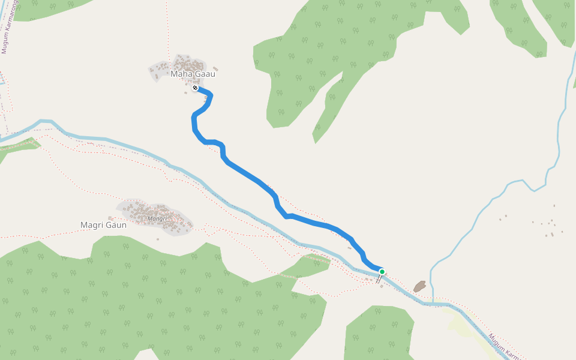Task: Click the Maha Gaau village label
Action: pyautogui.click(x=192, y=74)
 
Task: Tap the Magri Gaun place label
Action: pyautogui.click(x=103, y=225)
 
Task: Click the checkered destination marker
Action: pyautogui.click(x=195, y=88)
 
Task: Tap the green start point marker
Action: pyautogui.click(x=382, y=272)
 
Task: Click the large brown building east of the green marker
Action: pyautogui.click(x=419, y=286)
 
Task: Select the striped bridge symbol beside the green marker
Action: pyautogui.click(x=379, y=279)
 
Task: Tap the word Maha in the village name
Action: pyautogui.click(x=180, y=74)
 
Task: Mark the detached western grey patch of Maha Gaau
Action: pyautogui.click(x=157, y=71)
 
